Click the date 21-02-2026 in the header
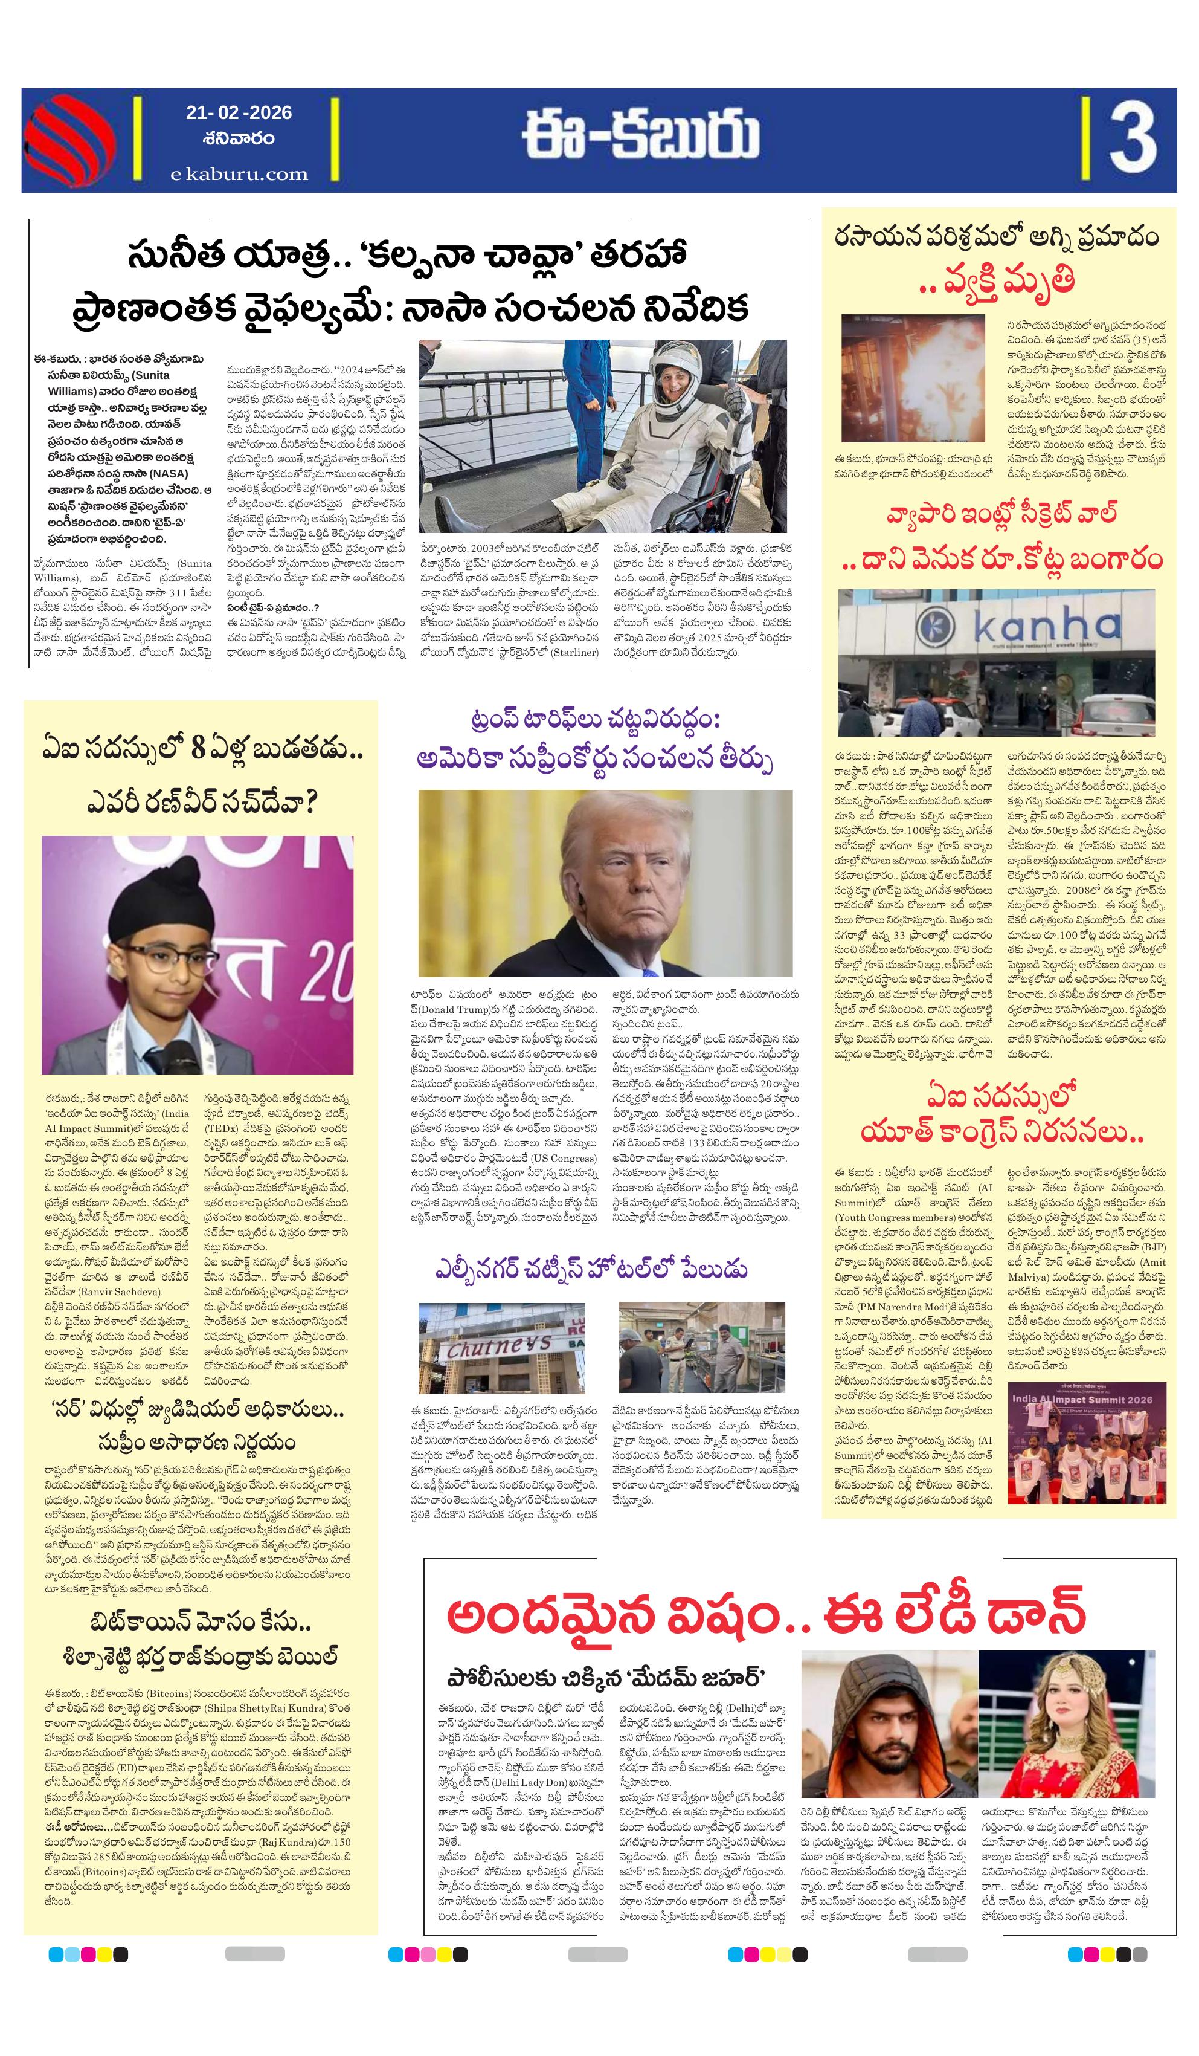(x=238, y=112)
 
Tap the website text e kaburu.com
(x=239, y=174)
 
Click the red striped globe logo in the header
(x=69, y=140)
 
